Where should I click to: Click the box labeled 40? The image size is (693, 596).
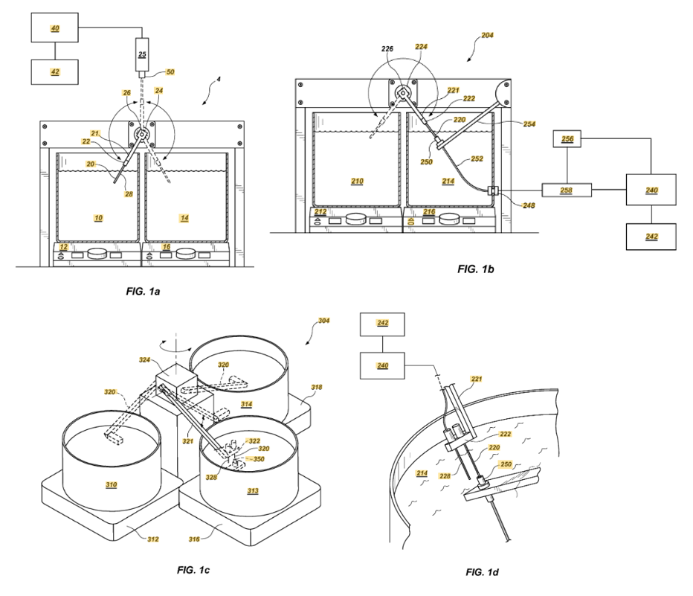(54, 28)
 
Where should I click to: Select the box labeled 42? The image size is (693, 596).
(54, 72)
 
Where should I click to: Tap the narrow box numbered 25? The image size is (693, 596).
(142, 55)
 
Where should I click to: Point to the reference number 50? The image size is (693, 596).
(170, 72)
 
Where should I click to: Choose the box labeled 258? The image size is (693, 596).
(567, 190)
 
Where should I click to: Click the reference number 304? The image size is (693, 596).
(323, 321)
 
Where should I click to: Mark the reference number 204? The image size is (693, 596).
(487, 35)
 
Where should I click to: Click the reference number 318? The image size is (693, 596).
(317, 387)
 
